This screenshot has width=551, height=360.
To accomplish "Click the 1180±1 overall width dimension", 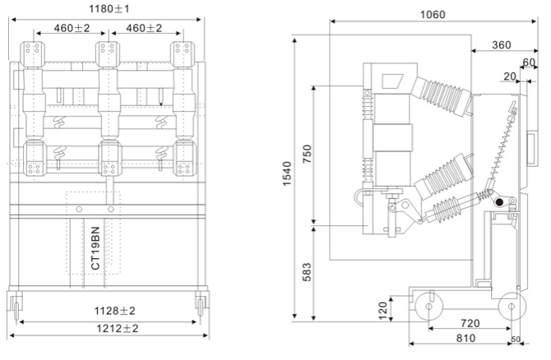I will pos(110,8).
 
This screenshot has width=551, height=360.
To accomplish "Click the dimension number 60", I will pos(531,62).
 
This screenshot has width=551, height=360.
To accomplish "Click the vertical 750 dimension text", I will pos(308,155).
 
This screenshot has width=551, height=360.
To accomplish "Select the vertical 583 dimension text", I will pos(308,271).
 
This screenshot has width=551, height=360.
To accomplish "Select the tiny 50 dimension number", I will pos(516,339).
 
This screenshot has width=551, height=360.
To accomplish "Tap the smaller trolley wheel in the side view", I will pos(512,308).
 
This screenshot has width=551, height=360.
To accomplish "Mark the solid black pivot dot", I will pos(498,202).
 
